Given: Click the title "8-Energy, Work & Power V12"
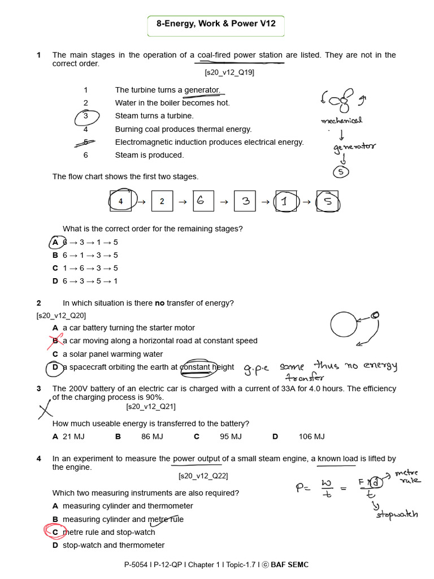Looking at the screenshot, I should pos(216,25).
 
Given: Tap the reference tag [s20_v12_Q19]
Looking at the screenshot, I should pos(229,72).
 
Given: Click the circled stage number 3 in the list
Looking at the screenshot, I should pos(86,116).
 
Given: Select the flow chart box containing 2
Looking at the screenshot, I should pos(162,201).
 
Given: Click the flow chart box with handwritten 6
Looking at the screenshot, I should pos(201,201).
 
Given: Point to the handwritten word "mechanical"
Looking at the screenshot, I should pos(341,120).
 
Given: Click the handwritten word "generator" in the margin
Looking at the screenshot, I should pos(354,148).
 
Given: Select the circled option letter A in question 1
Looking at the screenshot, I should pos(55,243).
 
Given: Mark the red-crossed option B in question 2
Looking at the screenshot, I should pos(55,341).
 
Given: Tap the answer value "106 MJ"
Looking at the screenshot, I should pos(311,437).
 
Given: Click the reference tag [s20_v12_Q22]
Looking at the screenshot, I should pos(203,476).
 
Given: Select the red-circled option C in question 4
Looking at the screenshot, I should pos(55,532).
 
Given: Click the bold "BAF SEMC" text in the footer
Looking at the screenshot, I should pos(289,564).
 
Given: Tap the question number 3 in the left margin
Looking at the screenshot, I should pos(38,388).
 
